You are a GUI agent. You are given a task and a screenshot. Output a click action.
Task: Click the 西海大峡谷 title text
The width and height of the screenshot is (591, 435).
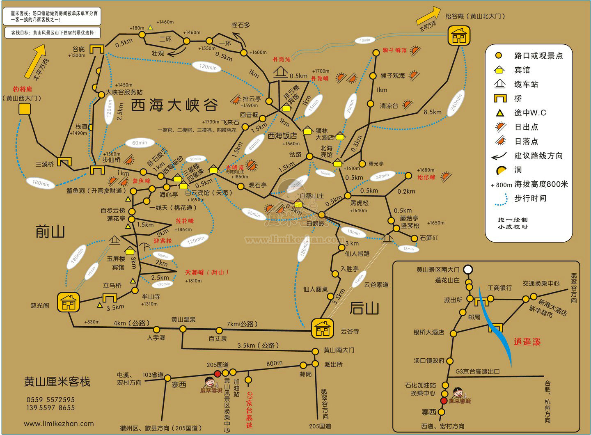174,105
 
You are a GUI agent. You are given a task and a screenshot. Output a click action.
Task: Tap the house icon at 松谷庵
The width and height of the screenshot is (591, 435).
458,36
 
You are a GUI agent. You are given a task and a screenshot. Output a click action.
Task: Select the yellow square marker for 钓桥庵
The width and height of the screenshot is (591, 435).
25,109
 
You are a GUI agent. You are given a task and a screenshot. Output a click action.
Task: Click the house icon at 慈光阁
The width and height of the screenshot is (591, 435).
68,303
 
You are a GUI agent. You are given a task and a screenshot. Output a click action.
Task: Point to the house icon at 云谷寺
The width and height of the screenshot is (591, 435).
322,328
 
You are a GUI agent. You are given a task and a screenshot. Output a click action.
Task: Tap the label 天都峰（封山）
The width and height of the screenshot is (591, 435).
207,272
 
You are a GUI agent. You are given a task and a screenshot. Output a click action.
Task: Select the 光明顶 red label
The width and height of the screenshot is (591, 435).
235,167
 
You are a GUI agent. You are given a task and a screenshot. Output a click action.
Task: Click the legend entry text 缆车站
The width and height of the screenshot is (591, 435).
526,85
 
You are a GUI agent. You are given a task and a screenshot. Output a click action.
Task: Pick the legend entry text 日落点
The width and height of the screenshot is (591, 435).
526,141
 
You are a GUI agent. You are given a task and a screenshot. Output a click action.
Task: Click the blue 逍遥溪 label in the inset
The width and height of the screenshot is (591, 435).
527,341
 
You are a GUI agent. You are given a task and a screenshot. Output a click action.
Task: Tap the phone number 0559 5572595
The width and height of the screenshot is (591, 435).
50,399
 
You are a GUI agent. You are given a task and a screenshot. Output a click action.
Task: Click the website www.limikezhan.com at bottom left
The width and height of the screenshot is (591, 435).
59,423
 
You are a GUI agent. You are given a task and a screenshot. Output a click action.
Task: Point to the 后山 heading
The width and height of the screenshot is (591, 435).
364,308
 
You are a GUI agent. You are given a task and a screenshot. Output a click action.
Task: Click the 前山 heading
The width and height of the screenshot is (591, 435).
50,232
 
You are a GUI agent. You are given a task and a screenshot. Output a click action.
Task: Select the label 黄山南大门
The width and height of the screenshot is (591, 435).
339,350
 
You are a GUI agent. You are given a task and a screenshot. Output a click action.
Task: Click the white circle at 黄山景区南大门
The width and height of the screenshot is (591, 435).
468,270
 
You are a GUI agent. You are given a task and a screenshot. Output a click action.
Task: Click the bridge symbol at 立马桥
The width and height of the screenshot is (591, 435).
110,298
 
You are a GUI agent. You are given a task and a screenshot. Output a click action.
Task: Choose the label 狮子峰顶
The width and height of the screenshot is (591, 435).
394,50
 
